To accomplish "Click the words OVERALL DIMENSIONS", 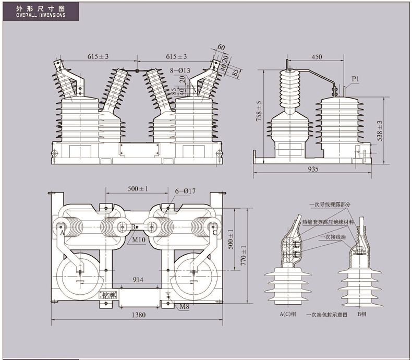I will [x=37, y=16].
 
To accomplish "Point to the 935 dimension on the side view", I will [x=313, y=169].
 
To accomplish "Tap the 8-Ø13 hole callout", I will [x=179, y=70].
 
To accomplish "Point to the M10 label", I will [x=138, y=240].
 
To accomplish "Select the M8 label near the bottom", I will [x=184, y=306].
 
